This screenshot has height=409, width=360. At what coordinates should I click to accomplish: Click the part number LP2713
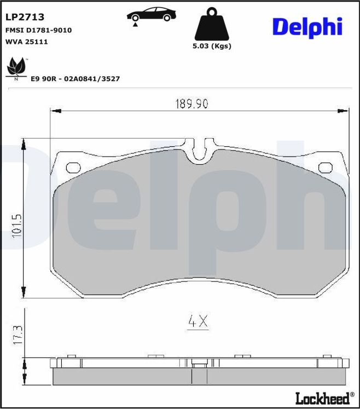click(25, 18)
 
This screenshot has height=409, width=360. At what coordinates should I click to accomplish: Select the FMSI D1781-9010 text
click(38, 31)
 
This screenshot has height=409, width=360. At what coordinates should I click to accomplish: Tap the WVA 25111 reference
click(27, 42)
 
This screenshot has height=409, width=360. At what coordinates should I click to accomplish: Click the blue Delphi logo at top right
click(307, 27)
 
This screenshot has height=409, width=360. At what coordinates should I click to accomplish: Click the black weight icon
click(212, 25)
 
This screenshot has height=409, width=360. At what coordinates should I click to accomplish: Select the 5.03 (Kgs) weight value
click(212, 46)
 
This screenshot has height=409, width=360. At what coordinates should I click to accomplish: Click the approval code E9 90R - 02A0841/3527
click(75, 79)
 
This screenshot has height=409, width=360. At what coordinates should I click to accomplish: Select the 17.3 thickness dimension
click(17, 335)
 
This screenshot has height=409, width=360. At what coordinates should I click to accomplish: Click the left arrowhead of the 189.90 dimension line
click(54, 111)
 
